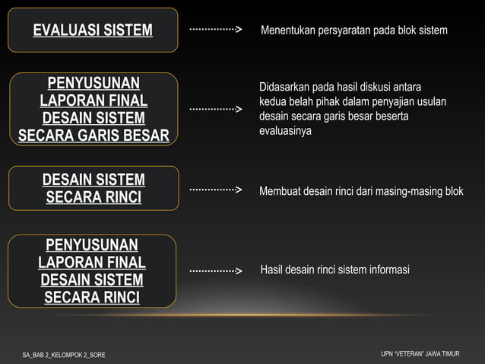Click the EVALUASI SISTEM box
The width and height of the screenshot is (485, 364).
(93, 30)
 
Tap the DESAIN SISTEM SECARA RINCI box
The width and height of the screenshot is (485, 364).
(93, 189)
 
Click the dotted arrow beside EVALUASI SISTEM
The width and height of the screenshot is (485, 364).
(215, 30)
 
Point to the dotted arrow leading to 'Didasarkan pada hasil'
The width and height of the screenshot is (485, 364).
(215, 110)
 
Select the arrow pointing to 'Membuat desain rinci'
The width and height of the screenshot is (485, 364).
(215, 189)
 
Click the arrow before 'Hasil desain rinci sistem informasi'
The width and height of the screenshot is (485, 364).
(215, 271)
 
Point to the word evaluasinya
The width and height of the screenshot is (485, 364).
(285, 131)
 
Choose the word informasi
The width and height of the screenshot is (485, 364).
(388, 270)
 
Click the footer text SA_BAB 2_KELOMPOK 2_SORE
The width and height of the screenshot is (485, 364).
(64, 355)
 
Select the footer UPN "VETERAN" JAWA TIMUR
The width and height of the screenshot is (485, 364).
(420, 354)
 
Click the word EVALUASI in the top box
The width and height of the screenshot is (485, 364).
(65, 30)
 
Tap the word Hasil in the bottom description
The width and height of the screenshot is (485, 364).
(272, 270)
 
